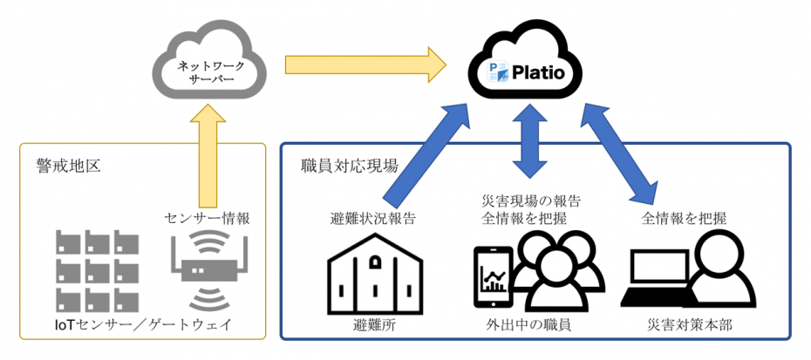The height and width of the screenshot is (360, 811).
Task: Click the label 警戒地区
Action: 62,165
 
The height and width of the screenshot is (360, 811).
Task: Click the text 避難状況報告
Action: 372,219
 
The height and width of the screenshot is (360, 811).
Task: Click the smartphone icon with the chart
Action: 495,277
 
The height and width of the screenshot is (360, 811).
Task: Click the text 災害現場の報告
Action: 531,200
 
